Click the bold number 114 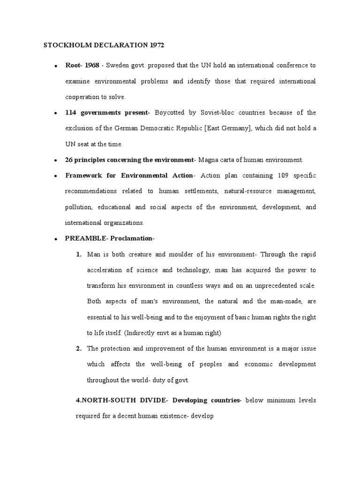tap(71, 112)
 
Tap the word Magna tap(208, 160)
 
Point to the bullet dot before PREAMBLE tap(56, 239)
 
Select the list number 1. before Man tap(79, 255)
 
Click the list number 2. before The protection tap(79, 349)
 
